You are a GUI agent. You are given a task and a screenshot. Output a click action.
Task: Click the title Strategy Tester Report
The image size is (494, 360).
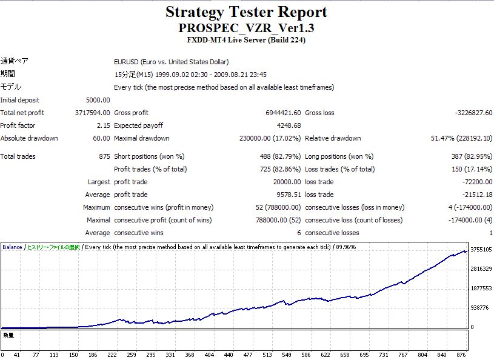[246, 12]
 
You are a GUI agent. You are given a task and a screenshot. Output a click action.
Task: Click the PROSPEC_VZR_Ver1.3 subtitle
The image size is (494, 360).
[246, 28]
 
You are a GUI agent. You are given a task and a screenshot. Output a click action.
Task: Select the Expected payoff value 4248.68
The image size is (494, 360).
[288, 125]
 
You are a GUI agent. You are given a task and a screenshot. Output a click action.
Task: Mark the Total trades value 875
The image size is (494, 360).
[104, 156]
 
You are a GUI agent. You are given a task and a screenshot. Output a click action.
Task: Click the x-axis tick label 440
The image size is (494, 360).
[268, 355]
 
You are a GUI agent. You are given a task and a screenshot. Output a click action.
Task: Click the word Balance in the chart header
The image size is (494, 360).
[13, 247]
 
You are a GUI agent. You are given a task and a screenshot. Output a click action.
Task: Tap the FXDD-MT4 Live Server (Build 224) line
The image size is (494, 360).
[246, 41]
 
